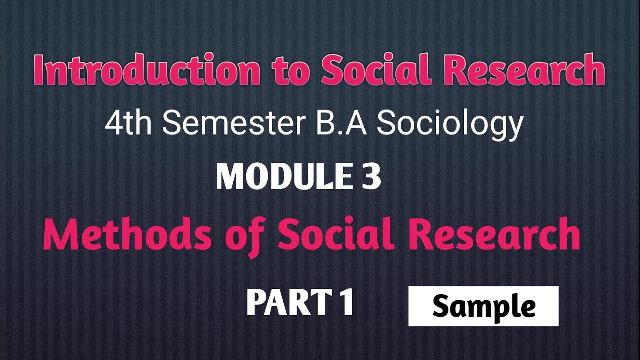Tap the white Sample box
coord(483,306)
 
